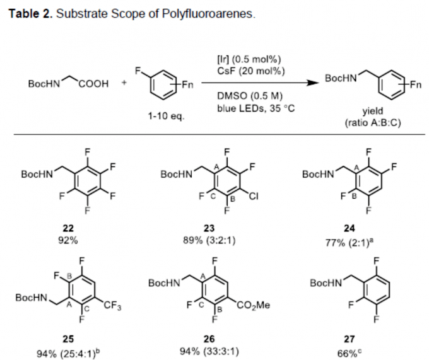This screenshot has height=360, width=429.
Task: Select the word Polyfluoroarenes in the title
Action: [x=208, y=14]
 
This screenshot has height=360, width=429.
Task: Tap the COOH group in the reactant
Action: [x=93, y=84]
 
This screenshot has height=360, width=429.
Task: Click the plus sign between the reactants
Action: [x=124, y=83]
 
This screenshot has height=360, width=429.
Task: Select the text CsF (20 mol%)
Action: [x=251, y=71]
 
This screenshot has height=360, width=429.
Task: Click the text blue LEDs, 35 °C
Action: [x=256, y=108]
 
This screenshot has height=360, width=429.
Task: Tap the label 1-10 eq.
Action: [x=166, y=116]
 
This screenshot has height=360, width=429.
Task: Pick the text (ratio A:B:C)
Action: [x=373, y=123]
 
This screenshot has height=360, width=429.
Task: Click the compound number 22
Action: [x=68, y=228]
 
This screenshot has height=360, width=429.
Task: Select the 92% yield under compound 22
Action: [x=68, y=241]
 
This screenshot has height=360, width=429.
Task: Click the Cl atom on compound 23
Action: [x=254, y=196]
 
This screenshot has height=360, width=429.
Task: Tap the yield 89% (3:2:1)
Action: [x=209, y=241]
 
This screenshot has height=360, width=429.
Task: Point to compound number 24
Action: [x=349, y=228]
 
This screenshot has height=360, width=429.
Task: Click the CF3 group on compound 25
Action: [x=112, y=305]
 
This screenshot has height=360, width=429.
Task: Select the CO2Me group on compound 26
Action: [x=254, y=305]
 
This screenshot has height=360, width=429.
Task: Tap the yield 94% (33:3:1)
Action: [x=209, y=351]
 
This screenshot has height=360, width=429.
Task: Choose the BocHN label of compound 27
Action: [x=326, y=283]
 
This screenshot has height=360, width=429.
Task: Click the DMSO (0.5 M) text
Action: [x=250, y=96]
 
